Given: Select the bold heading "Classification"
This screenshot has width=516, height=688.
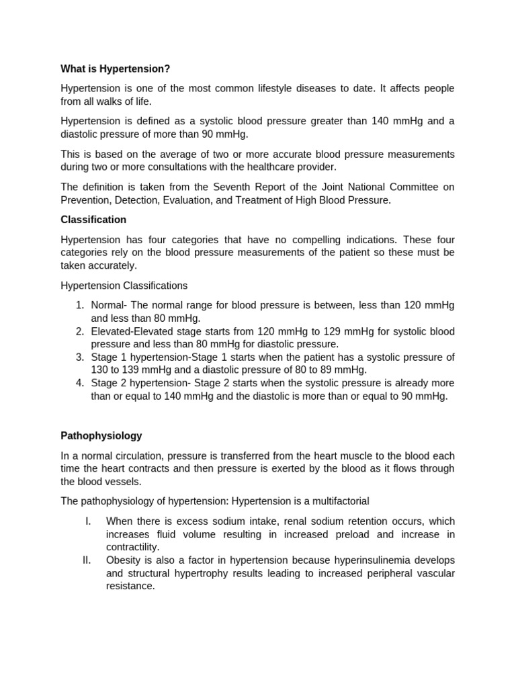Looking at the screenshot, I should tap(93, 220).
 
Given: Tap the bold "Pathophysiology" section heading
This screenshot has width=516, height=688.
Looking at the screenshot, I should tap(101, 436).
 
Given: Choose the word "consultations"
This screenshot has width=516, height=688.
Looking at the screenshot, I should tap(184, 167).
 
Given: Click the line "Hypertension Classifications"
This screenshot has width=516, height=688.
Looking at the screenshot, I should tap(124, 286).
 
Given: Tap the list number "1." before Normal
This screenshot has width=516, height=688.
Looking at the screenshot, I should tap(79, 306).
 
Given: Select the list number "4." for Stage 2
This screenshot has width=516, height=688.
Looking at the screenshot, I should tap(79, 383).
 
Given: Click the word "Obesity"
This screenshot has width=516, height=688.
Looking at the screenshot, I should tap(124, 560).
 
